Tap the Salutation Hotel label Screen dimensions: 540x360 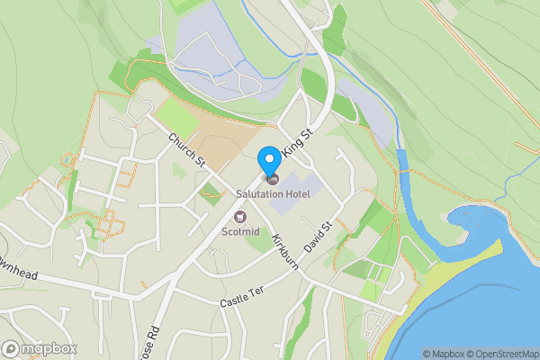[x=274, y=193]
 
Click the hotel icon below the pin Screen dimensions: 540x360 [x=274, y=180]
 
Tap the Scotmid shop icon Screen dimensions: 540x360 [x=240, y=216]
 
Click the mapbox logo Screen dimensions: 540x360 [x=40, y=348]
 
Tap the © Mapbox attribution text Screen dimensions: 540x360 [x=447, y=354]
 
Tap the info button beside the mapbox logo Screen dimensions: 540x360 [x=11, y=348]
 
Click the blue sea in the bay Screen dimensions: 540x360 [x=486, y=306]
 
